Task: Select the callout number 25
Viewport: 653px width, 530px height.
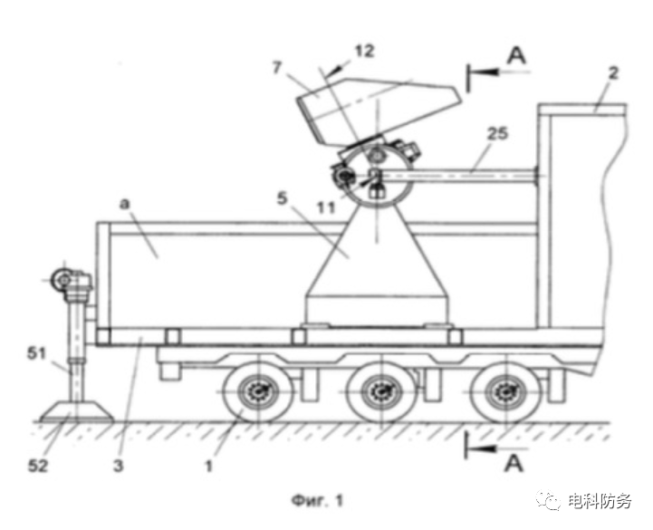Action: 495,134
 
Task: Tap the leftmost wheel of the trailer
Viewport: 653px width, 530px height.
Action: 256,392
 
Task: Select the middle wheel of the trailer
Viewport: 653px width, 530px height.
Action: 381,392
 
